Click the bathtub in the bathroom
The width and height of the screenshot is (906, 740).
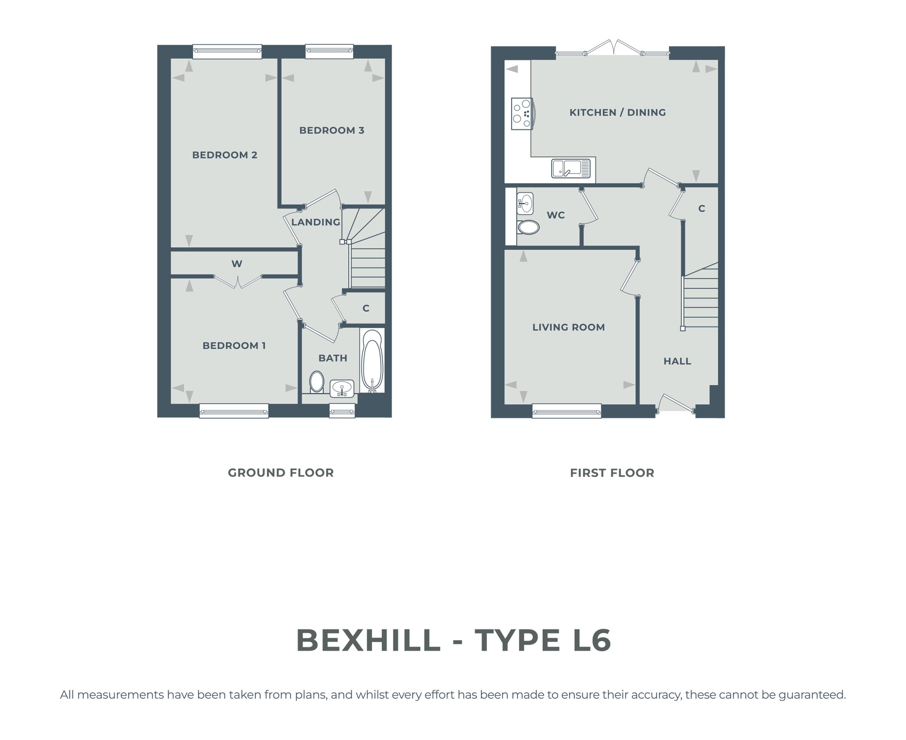(x=372, y=360)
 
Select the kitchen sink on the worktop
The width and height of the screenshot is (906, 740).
(x=571, y=169)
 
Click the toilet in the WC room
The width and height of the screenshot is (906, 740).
(x=528, y=227)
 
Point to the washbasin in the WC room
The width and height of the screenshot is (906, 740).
(x=525, y=203)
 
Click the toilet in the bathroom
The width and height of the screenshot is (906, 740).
(x=317, y=381)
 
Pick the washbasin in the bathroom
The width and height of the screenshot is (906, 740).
(x=342, y=388)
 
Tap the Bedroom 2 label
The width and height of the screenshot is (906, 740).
(x=225, y=155)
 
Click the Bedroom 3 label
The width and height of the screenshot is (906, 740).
(x=332, y=130)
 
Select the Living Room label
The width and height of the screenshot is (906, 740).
(x=568, y=327)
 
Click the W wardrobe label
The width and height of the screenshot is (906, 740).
(x=237, y=264)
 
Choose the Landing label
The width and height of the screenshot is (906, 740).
(x=316, y=222)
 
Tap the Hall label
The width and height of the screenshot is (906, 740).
(x=677, y=361)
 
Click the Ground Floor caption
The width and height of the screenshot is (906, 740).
(x=280, y=473)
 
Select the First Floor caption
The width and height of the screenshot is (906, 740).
(x=612, y=473)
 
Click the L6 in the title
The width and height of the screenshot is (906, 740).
(x=592, y=640)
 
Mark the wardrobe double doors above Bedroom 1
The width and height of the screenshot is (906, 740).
(x=237, y=282)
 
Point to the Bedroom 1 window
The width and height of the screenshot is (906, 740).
(x=234, y=411)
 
